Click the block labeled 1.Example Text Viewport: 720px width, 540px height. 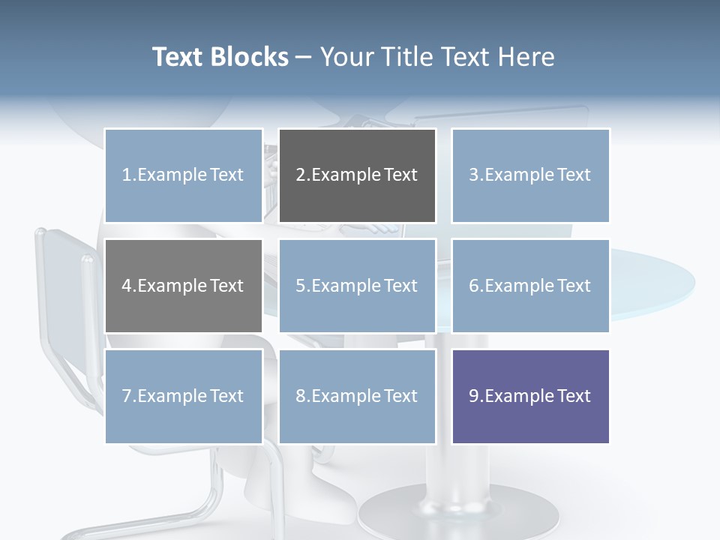tap(184, 175)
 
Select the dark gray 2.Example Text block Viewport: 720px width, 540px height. tap(357, 175)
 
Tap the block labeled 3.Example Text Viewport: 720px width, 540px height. tap(530, 175)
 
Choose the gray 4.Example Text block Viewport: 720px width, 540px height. tap(184, 286)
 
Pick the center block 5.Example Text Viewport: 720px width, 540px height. tap(357, 286)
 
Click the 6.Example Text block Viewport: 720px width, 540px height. tap(530, 286)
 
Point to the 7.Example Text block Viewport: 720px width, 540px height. tap(184, 396)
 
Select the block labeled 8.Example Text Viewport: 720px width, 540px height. tap(357, 396)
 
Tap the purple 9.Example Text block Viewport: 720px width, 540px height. tap(530, 396)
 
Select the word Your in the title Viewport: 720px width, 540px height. tap(343, 57)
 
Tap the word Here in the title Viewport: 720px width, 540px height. tap(525, 57)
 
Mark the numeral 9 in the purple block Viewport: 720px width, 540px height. tap(474, 396)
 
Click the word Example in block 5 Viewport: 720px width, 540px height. tap(346, 286)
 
